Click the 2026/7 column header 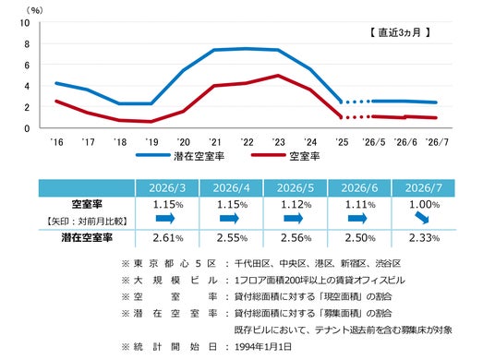click(x=423, y=188)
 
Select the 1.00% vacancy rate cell click(x=424, y=205)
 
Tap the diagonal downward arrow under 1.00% click(x=422, y=218)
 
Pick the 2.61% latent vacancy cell click(x=168, y=238)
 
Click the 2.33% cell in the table click(x=424, y=238)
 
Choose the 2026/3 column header click(x=167, y=188)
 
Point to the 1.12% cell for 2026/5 click(x=296, y=205)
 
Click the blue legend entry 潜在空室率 click(x=180, y=156)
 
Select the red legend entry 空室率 click(x=285, y=156)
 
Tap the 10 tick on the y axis click(x=25, y=23)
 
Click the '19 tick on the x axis click(x=151, y=142)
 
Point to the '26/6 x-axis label click(x=405, y=142)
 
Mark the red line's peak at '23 click(x=278, y=76)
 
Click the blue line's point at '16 click(x=56, y=83)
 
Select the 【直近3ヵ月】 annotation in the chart click(x=400, y=32)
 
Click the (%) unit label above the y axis click(x=34, y=11)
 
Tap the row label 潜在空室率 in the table click(x=87, y=238)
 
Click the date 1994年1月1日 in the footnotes click(x=263, y=347)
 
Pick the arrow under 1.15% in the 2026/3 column click(x=165, y=219)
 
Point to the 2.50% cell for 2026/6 click(x=360, y=238)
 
